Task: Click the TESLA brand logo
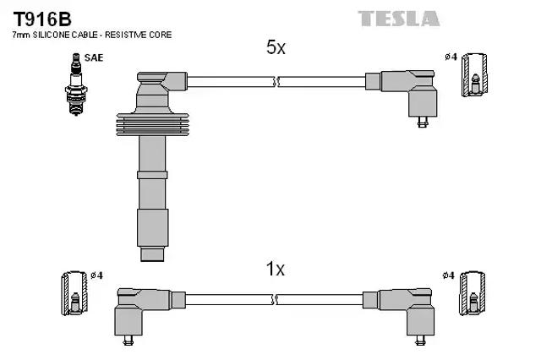tap(398, 18)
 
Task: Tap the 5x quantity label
tap(276, 48)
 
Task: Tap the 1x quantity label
tap(276, 270)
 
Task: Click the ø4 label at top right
tap(451, 57)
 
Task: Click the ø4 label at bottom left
tap(96, 275)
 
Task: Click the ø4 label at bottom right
tap(448, 275)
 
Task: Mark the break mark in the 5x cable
tap(276, 82)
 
